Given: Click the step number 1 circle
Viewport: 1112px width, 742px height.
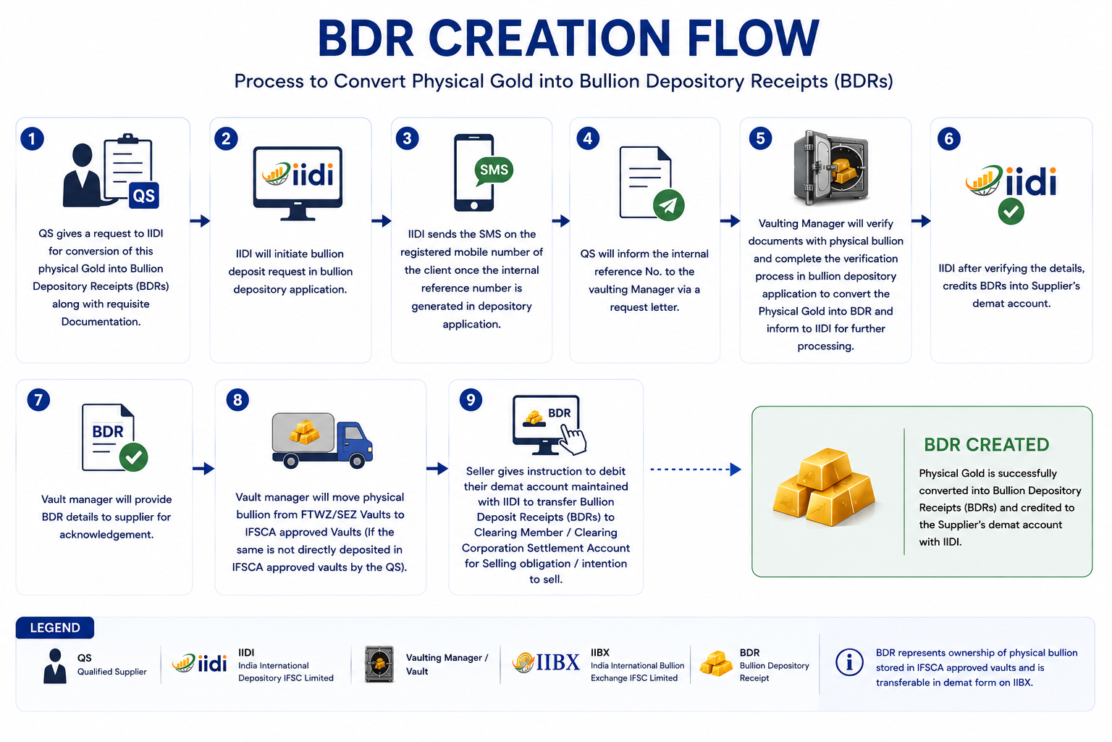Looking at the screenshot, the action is (x=33, y=138).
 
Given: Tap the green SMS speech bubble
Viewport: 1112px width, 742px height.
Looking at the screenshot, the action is (x=494, y=171).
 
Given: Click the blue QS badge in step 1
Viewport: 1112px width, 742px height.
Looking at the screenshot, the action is (x=144, y=196).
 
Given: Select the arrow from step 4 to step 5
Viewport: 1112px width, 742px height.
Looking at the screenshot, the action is (x=730, y=221).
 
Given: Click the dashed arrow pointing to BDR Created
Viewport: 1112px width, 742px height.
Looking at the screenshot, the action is (x=696, y=469).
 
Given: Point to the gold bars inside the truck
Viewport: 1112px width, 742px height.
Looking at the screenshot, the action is (x=304, y=432).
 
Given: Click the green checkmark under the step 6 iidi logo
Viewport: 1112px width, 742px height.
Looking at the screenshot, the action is (x=1011, y=212).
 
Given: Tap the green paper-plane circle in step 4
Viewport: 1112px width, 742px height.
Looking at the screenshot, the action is (x=668, y=205).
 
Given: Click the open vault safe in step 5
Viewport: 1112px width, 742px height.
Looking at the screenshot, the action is (x=831, y=168).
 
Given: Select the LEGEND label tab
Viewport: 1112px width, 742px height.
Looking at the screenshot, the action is (x=54, y=628).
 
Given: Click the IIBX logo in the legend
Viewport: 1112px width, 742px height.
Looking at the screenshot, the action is (x=546, y=662).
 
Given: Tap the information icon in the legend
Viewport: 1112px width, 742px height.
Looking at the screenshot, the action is (x=849, y=662).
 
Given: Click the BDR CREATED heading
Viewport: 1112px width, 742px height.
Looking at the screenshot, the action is (x=987, y=444).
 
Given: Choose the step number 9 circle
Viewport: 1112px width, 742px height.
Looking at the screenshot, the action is (x=471, y=399).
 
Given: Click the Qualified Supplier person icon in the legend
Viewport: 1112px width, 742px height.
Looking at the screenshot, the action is (x=54, y=666).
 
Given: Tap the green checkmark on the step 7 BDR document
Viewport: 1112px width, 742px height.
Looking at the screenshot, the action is (x=133, y=457).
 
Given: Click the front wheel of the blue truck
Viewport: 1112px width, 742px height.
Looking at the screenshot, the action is (x=356, y=461).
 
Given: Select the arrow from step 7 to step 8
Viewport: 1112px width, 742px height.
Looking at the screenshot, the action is (x=203, y=468).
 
